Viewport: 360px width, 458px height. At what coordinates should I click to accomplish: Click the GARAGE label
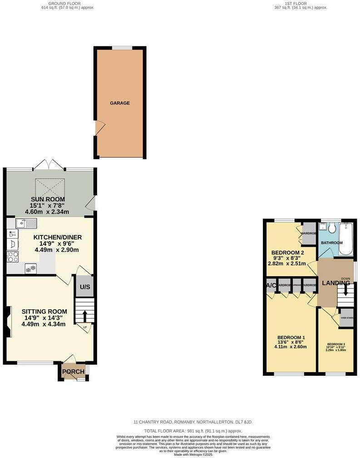tap(120, 103)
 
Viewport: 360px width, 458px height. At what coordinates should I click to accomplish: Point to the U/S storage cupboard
tap(84, 287)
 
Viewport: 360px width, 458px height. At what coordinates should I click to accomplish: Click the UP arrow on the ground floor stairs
tap(84, 315)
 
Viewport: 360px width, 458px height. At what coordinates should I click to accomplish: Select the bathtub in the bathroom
tap(346, 239)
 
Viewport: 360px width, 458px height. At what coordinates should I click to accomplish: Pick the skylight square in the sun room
tap(50, 186)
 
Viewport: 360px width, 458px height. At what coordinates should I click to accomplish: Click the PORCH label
tap(73, 372)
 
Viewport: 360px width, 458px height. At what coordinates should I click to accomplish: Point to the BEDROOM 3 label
tap(336, 344)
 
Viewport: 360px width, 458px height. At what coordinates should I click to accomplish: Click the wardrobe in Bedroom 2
tap(309, 233)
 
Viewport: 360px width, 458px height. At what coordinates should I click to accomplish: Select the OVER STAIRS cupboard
tap(347, 318)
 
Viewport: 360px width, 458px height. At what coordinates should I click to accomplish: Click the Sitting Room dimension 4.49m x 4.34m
tap(44, 324)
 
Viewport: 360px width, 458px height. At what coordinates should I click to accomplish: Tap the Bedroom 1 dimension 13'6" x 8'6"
tap(291, 342)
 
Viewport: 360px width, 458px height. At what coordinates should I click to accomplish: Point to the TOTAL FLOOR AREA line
tap(193, 431)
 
